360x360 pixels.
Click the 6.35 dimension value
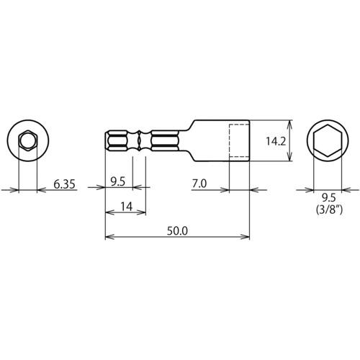64,184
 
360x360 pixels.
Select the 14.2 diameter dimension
276,141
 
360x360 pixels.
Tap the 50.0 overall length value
177,231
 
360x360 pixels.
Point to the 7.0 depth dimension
199,184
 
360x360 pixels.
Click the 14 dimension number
126,207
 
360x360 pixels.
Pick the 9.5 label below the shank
118,181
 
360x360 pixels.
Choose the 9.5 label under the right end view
328,198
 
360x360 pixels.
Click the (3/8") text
329,210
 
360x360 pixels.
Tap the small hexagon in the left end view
28,140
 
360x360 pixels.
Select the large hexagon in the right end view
328,140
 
